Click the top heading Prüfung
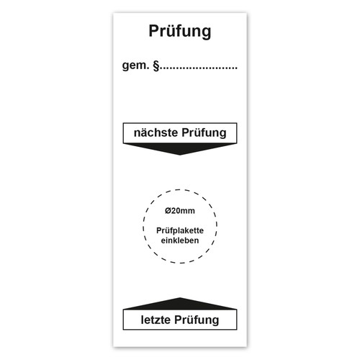click(x=180, y=32)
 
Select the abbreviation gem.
click(x=136, y=66)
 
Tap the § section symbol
click(x=156, y=66)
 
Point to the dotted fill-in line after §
click(x=199, y=68)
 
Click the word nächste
click(x=156, y=132)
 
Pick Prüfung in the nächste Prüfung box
click(x=204, y=133)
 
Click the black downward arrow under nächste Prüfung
click(x=180, y=149)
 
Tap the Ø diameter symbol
click(x=168, y=211)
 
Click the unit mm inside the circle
click(x=188, y=211)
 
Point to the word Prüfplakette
click(x=180, y=230)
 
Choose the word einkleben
click(x=180, y=240)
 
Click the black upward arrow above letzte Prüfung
click(x=180, y=304)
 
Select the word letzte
click(x=156, y=320)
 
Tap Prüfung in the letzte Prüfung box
click(x=197, y=320)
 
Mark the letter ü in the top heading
click(x=171, y=32)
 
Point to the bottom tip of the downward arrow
click(x=180, y=155)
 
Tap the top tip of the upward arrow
click(x=180, y=298)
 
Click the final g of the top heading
click(x=207, y=34)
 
